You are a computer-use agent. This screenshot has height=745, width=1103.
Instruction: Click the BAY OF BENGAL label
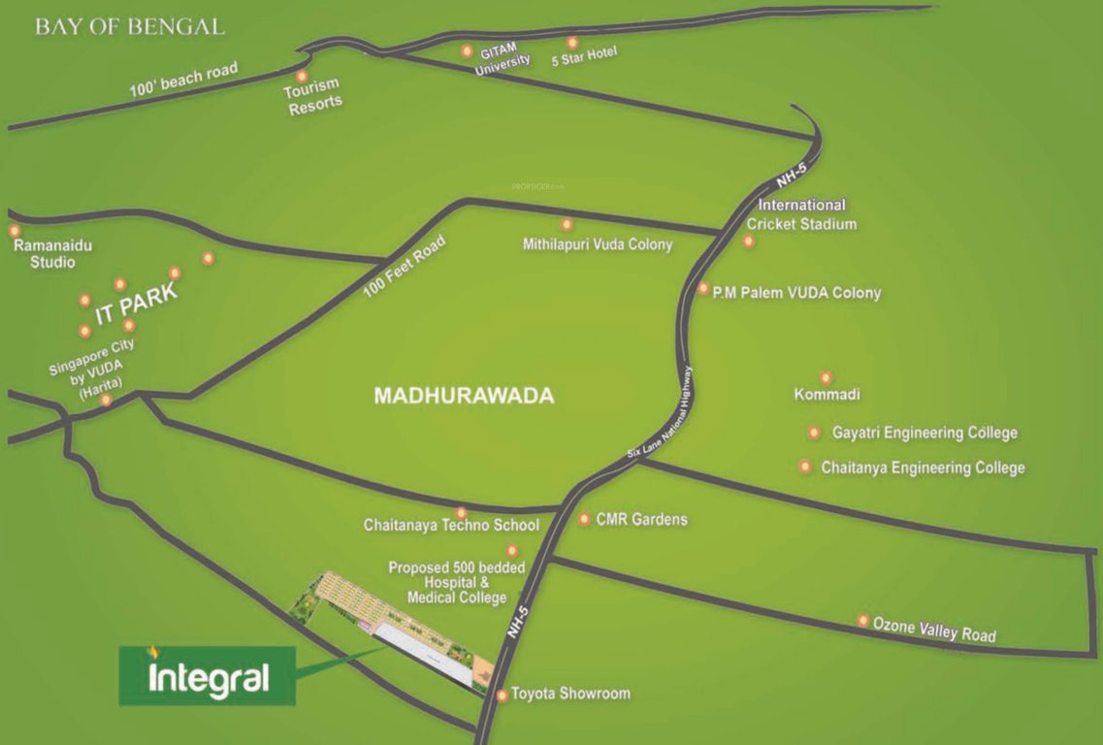coord(130,26)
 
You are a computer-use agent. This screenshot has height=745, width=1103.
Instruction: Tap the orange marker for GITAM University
coord(468,50)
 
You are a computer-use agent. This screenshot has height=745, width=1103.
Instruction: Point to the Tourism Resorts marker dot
coord(302,76)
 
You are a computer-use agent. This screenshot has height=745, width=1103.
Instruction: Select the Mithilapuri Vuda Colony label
coord(598,244)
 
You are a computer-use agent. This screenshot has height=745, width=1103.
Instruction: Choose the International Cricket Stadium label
coord(801,214)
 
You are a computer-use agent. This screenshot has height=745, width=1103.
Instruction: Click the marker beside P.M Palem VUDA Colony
coord(703,288)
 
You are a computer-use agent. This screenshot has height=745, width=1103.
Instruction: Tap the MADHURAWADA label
coord(464,396)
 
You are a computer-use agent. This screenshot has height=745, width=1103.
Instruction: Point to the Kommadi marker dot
coord(826,377)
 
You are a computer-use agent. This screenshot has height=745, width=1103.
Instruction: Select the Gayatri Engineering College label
coord(925,433)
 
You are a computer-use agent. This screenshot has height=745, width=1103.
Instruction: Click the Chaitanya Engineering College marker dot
coord(805,467)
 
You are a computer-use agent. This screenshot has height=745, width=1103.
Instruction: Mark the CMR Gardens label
coord(641,519)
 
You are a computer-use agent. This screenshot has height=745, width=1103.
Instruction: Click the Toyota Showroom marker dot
coord(502,695)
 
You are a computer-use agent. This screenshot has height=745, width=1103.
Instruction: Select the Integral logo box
coord(207,676)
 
